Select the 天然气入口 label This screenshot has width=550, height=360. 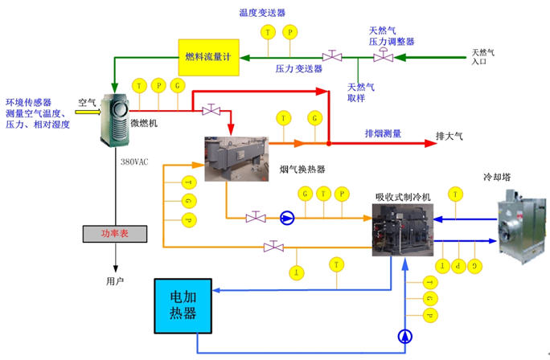pyautogui.click(x=485, y=57)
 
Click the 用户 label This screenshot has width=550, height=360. pyautogui.click(x=116, y=281)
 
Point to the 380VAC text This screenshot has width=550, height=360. pyautogui.click(x=133, y=162)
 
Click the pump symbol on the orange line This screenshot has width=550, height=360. pyautogui.click(x=288, y=218)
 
